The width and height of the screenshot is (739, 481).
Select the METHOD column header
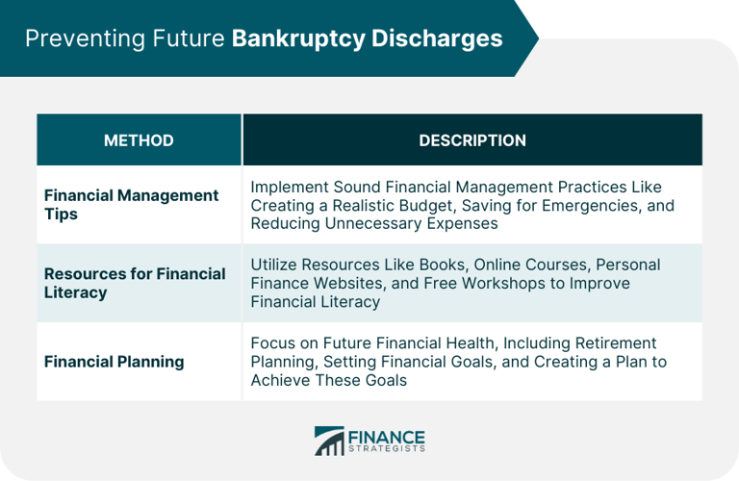139,140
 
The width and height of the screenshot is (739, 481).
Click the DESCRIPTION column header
471,140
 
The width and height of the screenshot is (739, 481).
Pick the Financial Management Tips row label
131,204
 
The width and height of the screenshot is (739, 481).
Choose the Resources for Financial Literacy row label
135,283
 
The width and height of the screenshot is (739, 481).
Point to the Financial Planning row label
114,362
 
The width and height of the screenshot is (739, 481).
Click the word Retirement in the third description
610,343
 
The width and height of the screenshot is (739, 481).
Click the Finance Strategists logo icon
329,442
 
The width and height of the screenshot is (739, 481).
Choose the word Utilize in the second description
274,265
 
